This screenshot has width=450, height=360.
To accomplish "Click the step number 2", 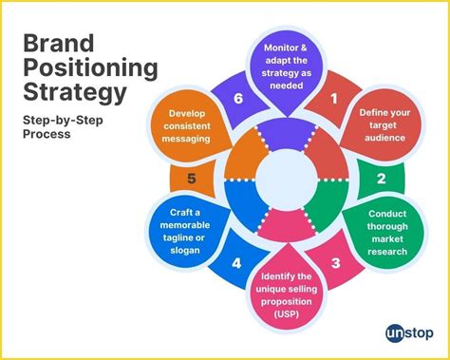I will [x=381, y=178].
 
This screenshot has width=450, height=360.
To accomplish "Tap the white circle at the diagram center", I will [x=286, y=179].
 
